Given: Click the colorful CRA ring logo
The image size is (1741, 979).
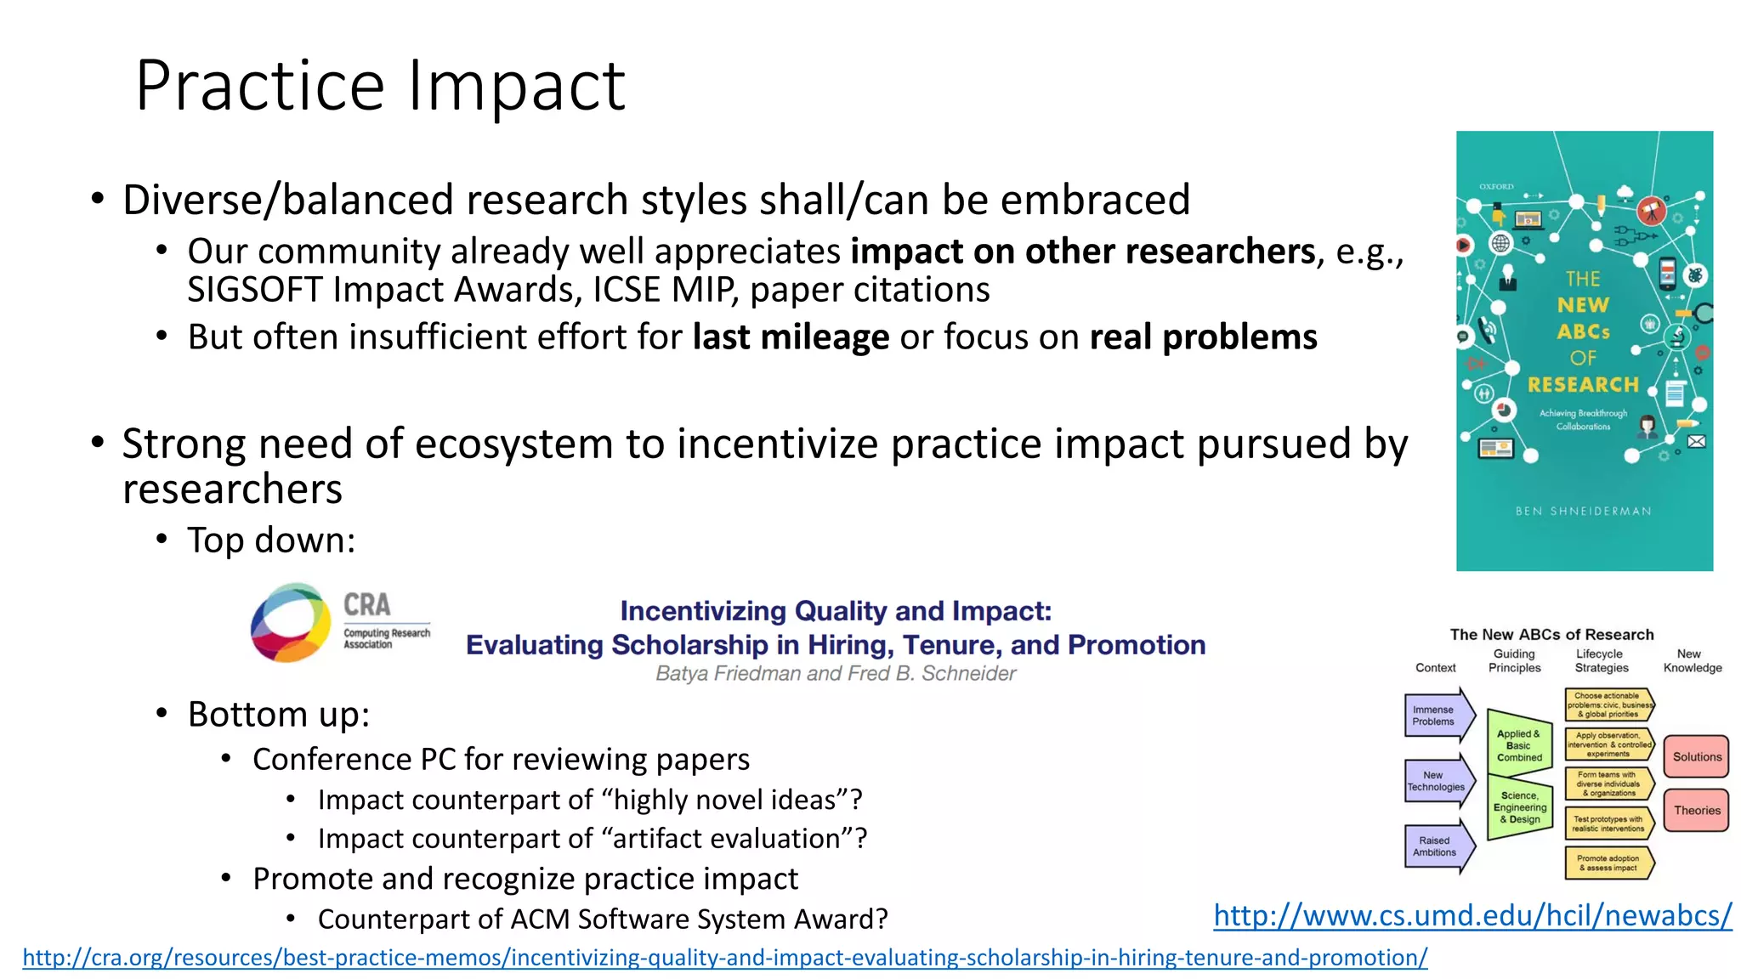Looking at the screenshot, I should coord(291,622).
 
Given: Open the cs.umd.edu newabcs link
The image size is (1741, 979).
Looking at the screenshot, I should coord(1472,915).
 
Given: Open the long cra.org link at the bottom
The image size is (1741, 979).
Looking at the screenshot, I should coord(724,958).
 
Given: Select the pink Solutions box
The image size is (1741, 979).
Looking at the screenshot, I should coord(1696,756).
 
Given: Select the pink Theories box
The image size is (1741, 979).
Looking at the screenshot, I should coord(1696,810).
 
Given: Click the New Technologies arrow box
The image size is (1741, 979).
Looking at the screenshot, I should coord(1437,781).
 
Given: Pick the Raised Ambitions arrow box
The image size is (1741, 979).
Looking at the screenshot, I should coord(1437,846).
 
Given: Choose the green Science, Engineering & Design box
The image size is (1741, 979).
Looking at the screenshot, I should coord(1519,807).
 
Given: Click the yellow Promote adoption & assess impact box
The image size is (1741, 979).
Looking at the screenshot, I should coord(1608,863).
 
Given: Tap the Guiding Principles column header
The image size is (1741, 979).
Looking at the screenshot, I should coord(1514,660).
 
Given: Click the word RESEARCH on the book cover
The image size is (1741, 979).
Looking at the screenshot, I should coord(1583,385).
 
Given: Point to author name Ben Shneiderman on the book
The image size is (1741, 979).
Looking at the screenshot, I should coord(1583,511).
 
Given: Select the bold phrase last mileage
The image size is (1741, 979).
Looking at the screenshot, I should coord(791,337).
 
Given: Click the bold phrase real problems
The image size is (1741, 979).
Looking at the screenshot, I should coord(1203,337).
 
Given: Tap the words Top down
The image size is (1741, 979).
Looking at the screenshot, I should coord(270,540).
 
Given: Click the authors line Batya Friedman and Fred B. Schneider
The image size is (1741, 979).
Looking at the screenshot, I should coord(836,674).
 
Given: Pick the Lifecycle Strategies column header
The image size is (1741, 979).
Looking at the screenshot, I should coord(1601,660).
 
